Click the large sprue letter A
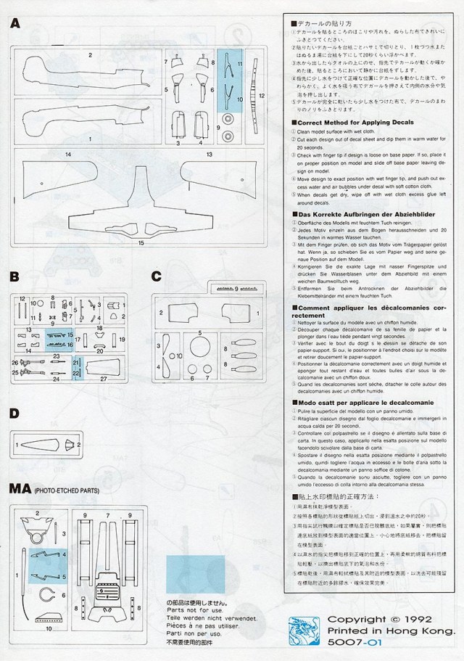tap(15, 24)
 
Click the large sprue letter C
tap(157, 276)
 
